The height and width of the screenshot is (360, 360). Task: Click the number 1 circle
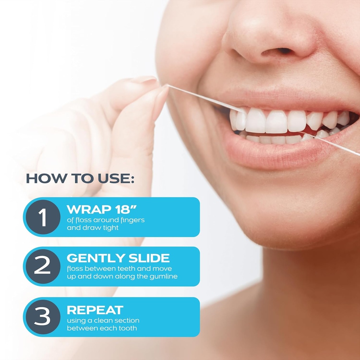point(43,217)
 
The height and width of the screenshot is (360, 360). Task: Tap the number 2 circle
point(43,266)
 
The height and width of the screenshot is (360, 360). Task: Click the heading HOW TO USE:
point(80,179)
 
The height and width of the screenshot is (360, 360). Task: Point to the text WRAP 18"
point(102,210)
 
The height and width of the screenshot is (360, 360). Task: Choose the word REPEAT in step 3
point(95,310)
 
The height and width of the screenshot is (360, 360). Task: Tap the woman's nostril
point(279,52)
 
